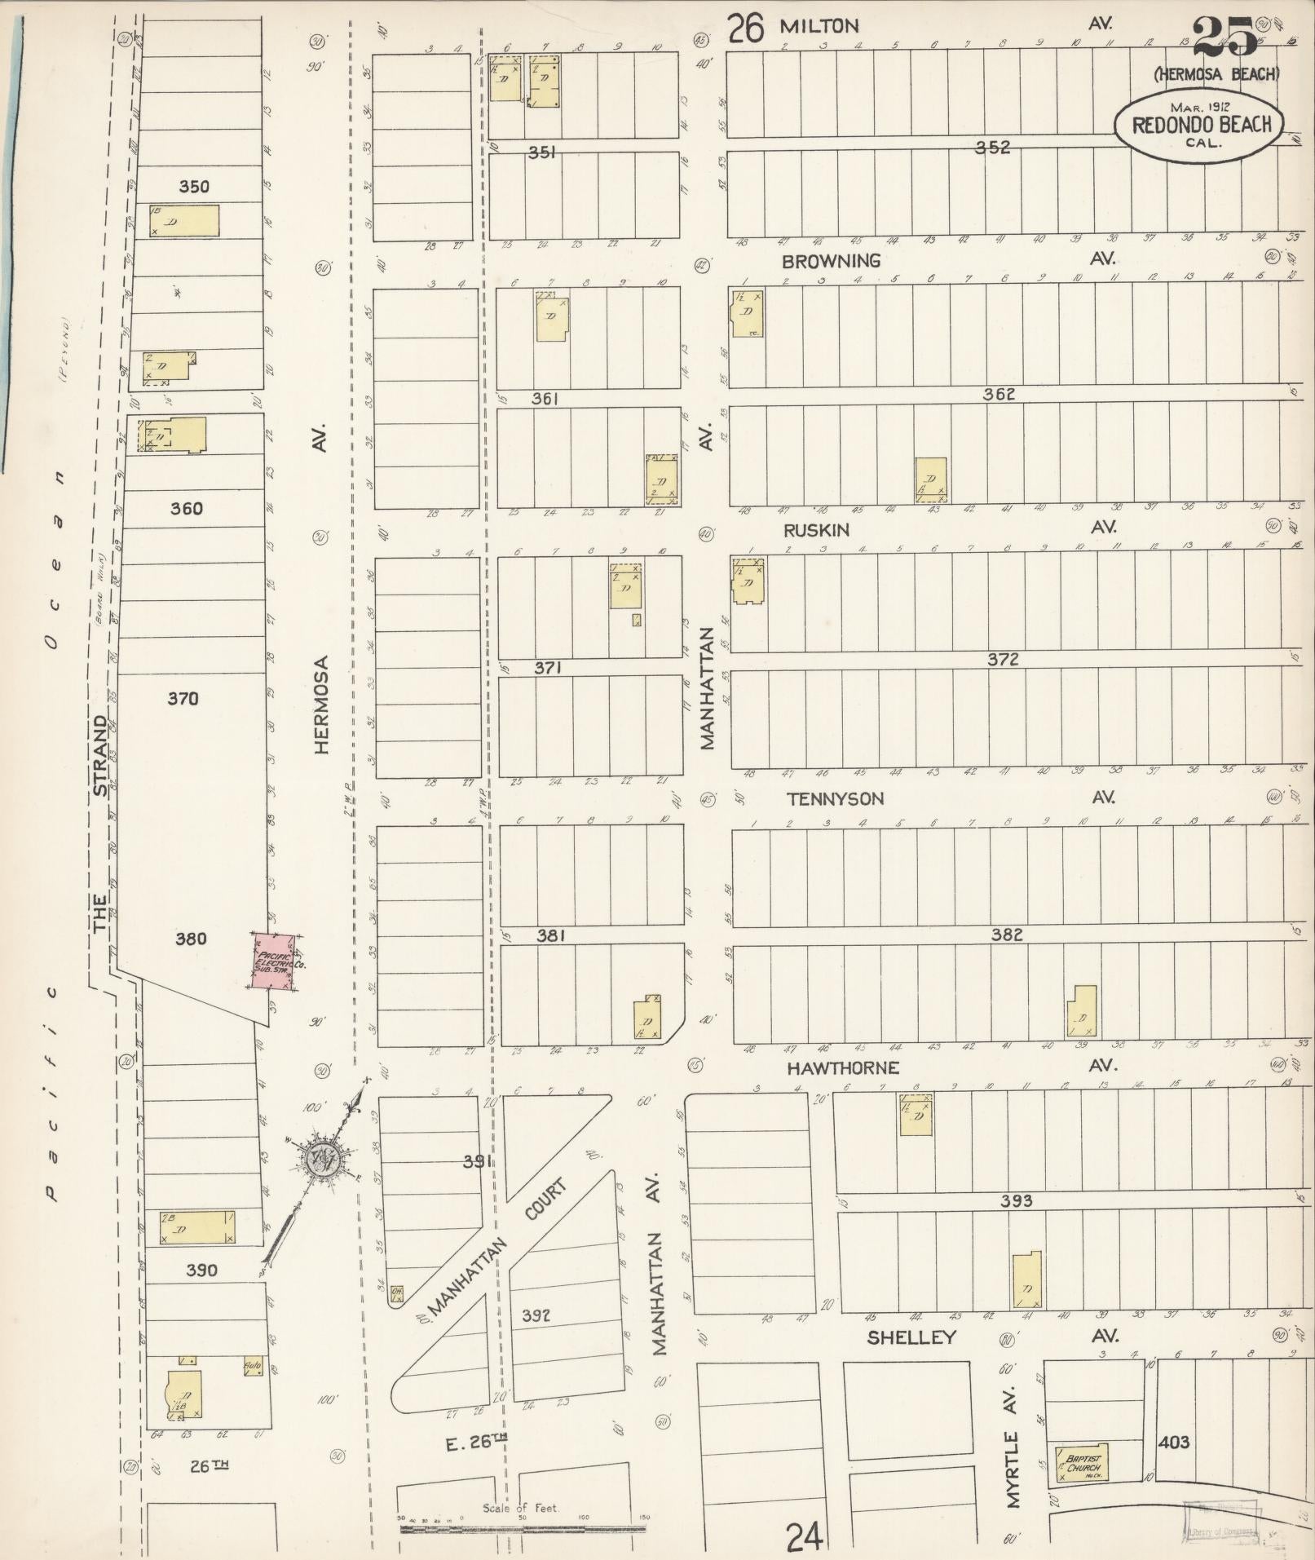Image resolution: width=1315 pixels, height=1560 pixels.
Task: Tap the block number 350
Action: pyautogui.click(x=194, y=187)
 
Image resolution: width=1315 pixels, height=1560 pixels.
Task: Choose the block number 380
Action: pyautogui.click(x=192, y=939)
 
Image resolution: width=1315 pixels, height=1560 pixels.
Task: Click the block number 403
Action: pyautogui.click(x=1173, y=1443)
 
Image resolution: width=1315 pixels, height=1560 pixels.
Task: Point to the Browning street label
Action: pyautogui.click(x=832, y=261)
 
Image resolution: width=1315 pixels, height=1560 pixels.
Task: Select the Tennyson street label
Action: pyautogui.click(x=836, y=799)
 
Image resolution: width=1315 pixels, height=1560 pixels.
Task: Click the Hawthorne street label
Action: pyautogui.click(x=842, y=1067)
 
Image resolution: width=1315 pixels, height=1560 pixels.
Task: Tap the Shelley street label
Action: pyautogui.click(x=911, y=1337)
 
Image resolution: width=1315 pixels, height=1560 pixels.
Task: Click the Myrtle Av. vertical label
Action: pyautogui.click(x=1013, y=1446)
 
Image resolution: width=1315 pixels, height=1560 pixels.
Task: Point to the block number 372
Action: pyautogui.click(x=1003, y=660)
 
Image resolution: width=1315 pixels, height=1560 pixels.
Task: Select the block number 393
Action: pyautogui.click(x=1017, y=1200)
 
